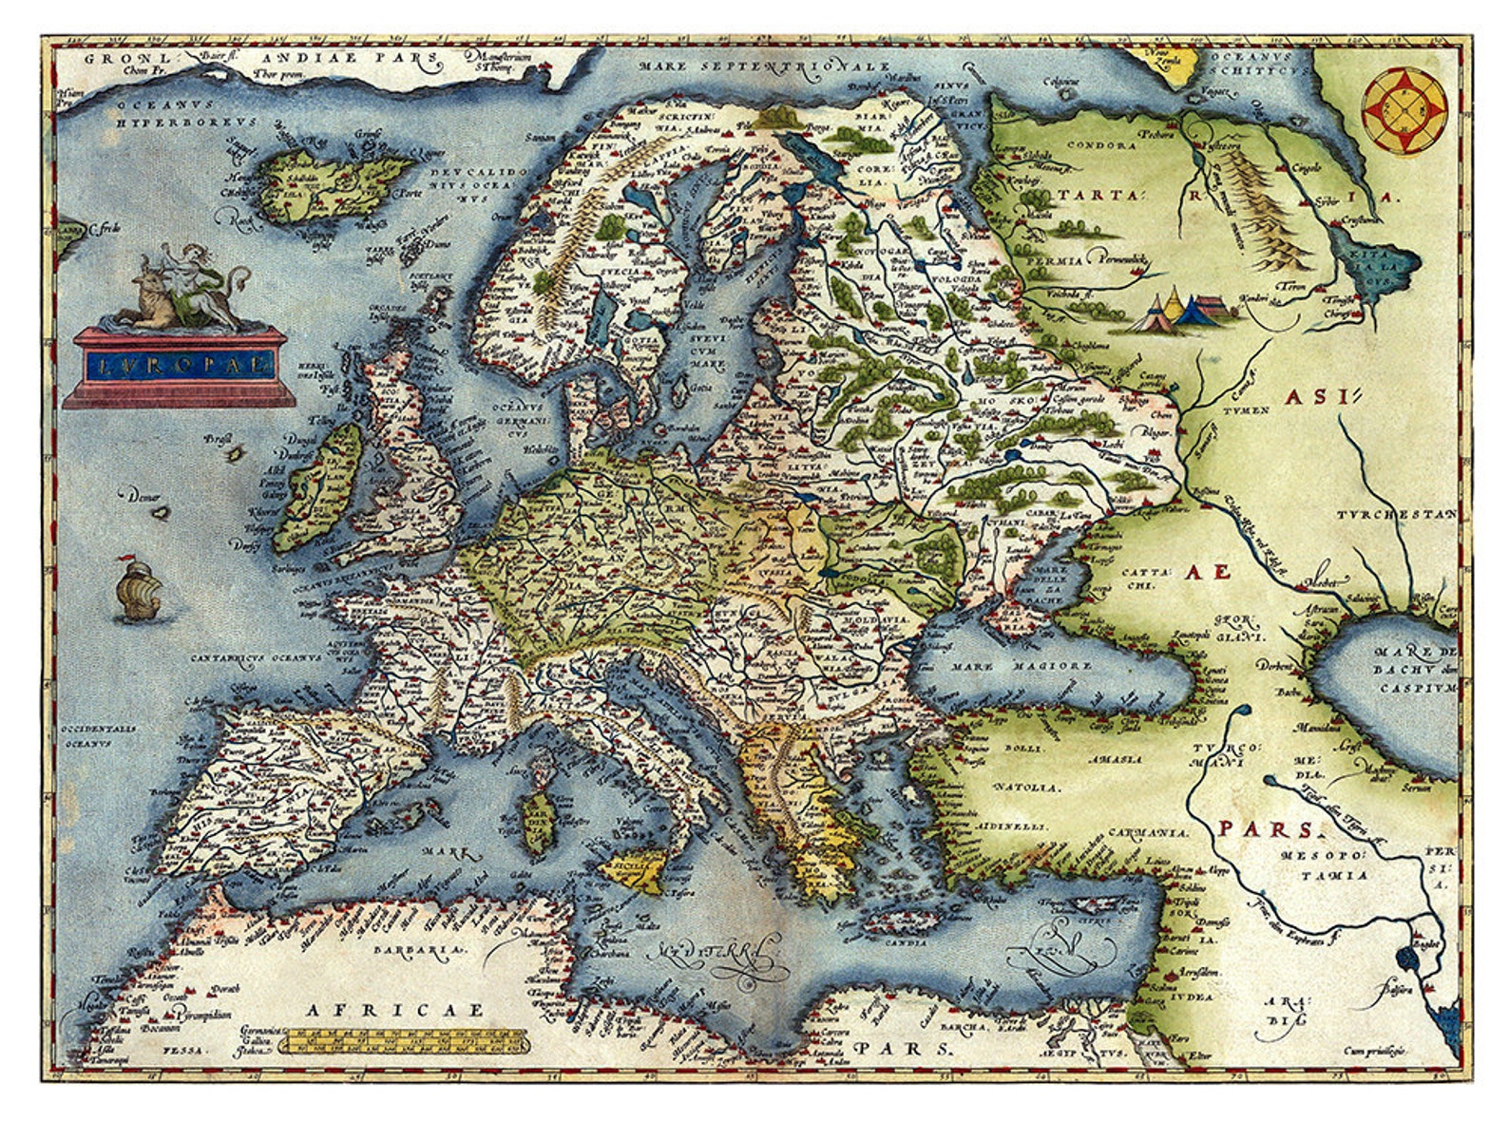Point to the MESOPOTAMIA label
[x=1323, y=865]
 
